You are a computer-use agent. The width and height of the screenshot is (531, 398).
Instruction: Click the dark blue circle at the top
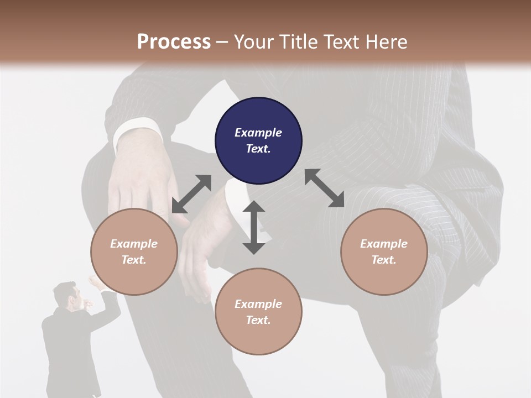pyautogui.click(x=258, y=141)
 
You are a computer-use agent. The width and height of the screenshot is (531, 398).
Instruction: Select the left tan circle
pyautogui.click(x=134, y=252)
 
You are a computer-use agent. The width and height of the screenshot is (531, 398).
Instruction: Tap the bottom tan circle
pyautogui.click(x=258, y=312)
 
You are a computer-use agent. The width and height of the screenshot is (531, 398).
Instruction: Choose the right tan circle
pyautogui.click(x=384, y=252)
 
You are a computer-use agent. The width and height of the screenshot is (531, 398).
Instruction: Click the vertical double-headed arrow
pyautogui.click(x=254, y=227)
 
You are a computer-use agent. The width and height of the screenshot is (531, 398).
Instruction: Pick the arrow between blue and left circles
pyautogui.click(x=191, y=194)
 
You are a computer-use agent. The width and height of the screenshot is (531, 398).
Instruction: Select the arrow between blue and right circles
pyautogui.click(x=324, y=188)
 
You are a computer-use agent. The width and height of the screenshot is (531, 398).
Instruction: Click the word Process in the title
pyautogui.click(x=174, y=41)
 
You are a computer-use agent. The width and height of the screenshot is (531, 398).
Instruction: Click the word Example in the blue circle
pyautogui.click(x=258, y=133)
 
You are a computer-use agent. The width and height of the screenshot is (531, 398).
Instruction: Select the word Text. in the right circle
pyautogui.click(x=384, y=260)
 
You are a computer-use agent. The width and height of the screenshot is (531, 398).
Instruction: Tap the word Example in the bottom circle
pyautogui.click(x=258, y=303)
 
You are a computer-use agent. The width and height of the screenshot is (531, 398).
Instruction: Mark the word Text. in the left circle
pyautogui.click(x=134, y=260)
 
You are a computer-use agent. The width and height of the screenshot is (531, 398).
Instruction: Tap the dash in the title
pyautogui.click(x=222, y=42)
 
